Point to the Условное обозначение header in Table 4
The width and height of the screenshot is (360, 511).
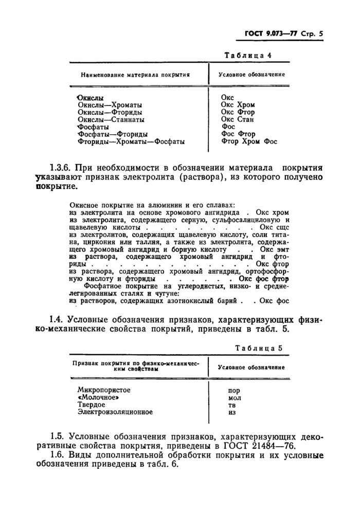(x=251, y=75)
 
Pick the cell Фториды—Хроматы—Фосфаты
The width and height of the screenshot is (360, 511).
(x=131, y=140)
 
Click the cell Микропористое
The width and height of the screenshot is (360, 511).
(x=103, y=390)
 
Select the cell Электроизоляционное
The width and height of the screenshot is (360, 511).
(x=115, y=412)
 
